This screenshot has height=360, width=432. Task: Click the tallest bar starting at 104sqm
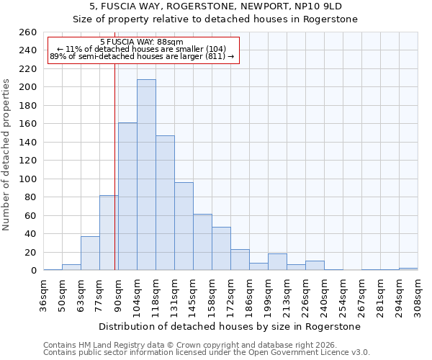tap(146, 175)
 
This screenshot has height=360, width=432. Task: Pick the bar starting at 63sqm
tap(90, 253)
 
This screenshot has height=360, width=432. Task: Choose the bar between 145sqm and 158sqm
tap(202, 242)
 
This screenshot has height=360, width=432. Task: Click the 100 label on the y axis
tap(27, 179)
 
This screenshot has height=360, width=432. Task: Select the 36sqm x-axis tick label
tap(44, 294)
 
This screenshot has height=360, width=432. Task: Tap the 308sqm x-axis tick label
tap(418, 294)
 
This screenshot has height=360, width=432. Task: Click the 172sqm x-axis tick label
tap(231, 294)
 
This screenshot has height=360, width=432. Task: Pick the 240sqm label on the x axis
tap(325, 294)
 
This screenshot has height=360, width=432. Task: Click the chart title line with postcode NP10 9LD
tap(215, 6)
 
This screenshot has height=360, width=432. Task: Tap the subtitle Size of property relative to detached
tap(215, 19)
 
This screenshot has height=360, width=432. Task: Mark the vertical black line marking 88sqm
tap(114, 180)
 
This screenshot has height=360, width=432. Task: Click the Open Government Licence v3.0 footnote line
tap(207, 353)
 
